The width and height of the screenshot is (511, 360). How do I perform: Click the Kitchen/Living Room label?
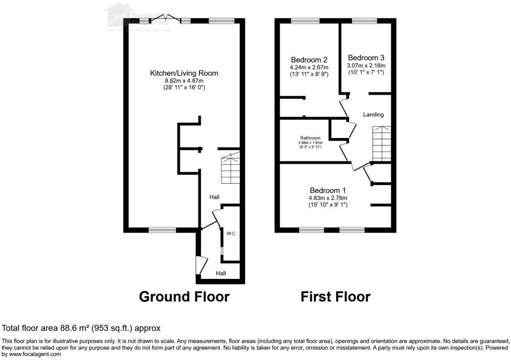pos(184,73)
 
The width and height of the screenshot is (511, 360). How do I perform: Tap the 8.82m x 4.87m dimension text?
pos(184,81)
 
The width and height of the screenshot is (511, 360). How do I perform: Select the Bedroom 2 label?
pos(309,60)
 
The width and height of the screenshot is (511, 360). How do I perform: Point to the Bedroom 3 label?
pos(366,58)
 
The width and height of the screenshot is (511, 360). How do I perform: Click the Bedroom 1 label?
pos(328,190)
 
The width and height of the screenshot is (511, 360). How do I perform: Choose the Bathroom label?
pos(307,138)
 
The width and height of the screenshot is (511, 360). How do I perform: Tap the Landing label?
pos(374,115)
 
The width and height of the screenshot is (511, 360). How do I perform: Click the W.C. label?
pos(231,233)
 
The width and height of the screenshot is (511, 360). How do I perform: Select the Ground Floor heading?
pos(184,297)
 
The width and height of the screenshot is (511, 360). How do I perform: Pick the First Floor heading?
pos(335,297)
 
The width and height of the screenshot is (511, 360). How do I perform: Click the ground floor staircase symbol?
pos(230,169)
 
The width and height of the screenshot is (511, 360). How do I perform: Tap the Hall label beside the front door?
pos(221,273)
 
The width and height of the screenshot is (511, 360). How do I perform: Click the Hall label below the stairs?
pos(214,197)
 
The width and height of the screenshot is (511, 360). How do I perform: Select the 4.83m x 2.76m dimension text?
pos(328,198)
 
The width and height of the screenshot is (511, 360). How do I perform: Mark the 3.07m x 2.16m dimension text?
pos(366,65)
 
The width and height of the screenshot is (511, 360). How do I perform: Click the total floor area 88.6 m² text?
pos(81,328)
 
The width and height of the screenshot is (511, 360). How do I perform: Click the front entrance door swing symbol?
pos(201,265)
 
